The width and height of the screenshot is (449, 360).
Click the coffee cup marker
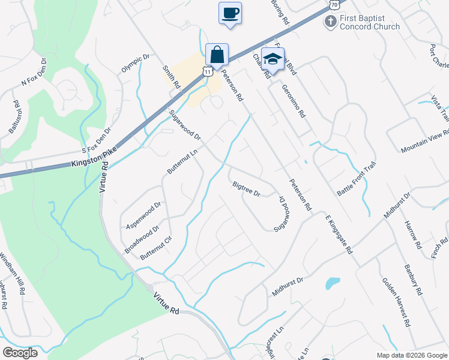click(231, 13)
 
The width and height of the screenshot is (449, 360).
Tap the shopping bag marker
click(216, 55)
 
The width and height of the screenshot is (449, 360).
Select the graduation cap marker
click(273, 59)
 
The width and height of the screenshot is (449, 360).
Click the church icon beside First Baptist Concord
click(330, 22)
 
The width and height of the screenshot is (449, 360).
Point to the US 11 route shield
click(207, 71)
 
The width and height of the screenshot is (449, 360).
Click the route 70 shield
click(334, 4)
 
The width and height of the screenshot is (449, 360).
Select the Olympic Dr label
click(135, 64)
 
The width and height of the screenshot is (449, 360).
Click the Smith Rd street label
click(171, 78)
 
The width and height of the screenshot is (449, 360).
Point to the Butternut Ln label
click(182, 163)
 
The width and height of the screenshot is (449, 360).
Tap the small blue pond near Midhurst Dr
click(331, 282)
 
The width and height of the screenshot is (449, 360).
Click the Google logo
click(20, 353)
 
